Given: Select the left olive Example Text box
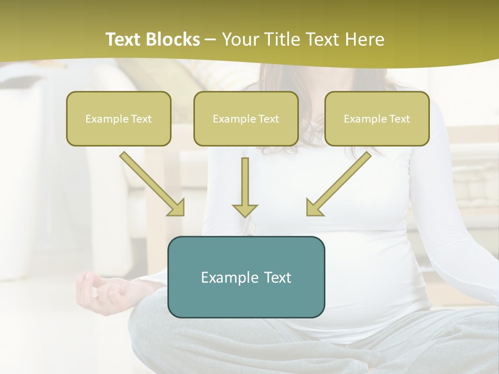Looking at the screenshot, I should [119, 118].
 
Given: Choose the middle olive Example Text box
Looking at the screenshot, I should [246, 118].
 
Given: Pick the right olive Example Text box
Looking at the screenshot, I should [377, 118].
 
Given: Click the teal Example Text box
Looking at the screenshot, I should [246, 277].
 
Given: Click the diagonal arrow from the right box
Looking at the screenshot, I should [340, 182].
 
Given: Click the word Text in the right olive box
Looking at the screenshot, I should [399, 119].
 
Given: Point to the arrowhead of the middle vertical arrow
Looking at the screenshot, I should [245, 209].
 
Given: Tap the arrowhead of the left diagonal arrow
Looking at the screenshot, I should [177, 207].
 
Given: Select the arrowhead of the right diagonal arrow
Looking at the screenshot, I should [314, 207].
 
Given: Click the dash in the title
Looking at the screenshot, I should [211, 39].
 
